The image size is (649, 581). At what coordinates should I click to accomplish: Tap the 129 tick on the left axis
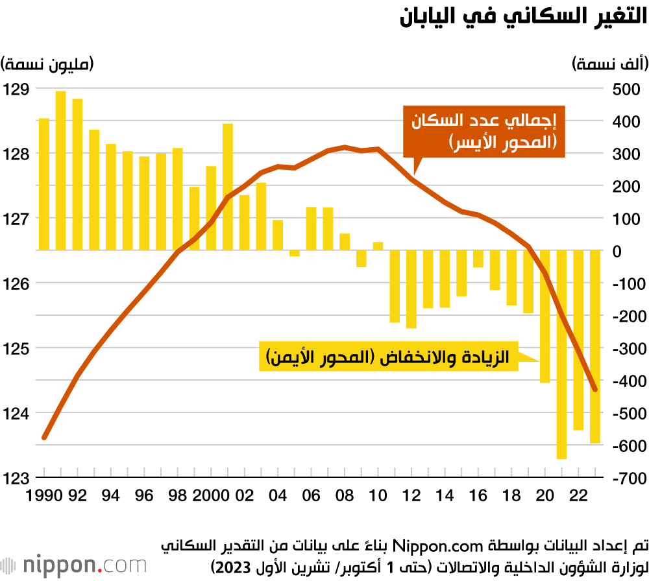click(x=16, y=89)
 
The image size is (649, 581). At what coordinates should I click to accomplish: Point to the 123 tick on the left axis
click(x=16, y=478)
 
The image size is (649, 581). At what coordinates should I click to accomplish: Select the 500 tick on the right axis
click(x=626, y=89)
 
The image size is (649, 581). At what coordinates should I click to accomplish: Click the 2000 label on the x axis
click(x=212, y=496)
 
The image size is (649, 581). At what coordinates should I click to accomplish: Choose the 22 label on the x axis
click(x=578, y=496)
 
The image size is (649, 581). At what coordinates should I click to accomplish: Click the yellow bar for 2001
click(x=228, y=187)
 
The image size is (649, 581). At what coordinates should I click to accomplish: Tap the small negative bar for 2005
click(x=295, y=253)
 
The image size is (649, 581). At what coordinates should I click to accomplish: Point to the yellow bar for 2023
click(x=595, y=346)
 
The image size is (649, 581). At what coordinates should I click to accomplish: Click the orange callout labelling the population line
click(x=484, y=132)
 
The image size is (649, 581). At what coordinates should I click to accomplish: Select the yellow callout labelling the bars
click(x=389, y=356)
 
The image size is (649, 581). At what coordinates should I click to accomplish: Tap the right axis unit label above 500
click(x=609, y=64)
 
